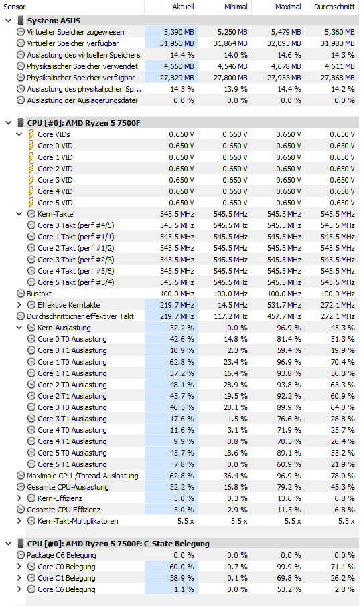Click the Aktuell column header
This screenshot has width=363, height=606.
[183, 7]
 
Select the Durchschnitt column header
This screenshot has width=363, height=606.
[334, 7]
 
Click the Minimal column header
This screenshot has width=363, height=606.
[236, 7]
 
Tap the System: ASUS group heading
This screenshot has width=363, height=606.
[54, 21]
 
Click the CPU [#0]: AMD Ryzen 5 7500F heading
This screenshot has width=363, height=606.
[84, 123]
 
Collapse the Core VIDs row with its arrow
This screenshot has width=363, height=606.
[19, 134]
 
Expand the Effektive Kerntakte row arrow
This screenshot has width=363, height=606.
[19, 305]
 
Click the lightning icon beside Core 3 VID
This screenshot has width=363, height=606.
[31, 180]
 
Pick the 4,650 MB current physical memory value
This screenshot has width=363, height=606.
[179, 66]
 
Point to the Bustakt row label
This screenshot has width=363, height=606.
[39, 294]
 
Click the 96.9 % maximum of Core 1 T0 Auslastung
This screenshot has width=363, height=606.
[289, 362]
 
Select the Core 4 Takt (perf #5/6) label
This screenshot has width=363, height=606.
[76, 271]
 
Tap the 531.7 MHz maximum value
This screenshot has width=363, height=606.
[284, 305]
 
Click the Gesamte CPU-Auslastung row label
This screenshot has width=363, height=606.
[68, 487]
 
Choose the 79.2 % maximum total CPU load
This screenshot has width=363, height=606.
[289, 487]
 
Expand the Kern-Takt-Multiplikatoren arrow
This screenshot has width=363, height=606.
[19, 521]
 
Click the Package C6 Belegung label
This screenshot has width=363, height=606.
[62, 555]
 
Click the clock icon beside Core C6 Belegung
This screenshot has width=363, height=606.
[31, 589]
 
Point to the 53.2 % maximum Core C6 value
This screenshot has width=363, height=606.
[289, 589]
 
